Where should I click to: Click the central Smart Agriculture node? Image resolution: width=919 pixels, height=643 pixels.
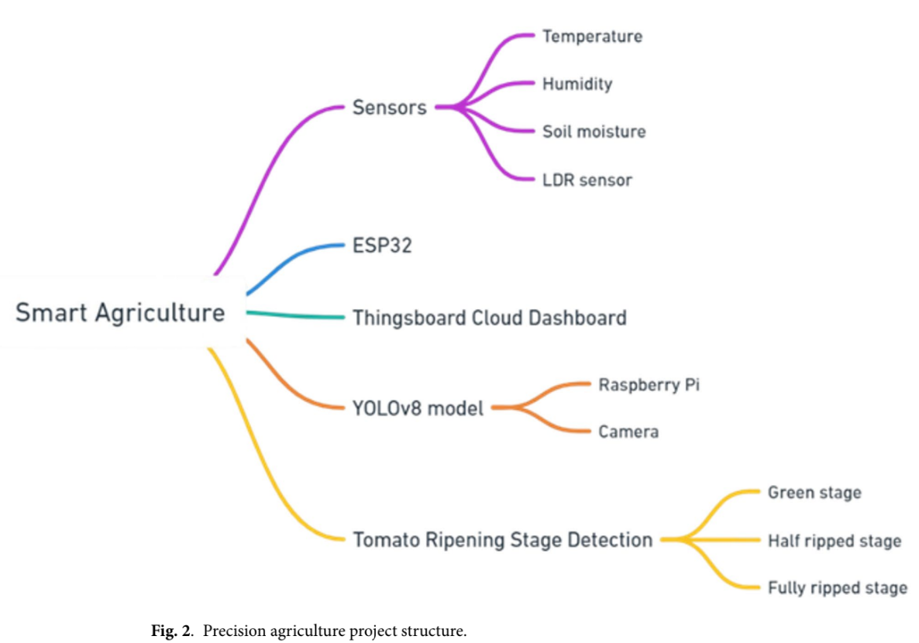[120, 313]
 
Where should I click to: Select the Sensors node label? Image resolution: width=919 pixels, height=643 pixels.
[389, 108]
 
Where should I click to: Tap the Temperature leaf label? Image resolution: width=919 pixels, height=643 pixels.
[592, 36]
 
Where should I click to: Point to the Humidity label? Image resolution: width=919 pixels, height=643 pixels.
[577, 84]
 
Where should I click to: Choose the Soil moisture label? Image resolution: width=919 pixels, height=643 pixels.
[594, 132]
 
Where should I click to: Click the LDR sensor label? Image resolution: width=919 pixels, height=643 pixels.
[587, 180]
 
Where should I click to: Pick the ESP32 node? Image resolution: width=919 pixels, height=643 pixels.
[382, 246]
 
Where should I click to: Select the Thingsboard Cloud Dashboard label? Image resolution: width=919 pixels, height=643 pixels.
[489, 318]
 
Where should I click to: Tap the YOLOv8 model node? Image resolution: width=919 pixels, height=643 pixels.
[418, 407]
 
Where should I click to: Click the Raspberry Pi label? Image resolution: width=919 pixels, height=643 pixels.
[649, 384]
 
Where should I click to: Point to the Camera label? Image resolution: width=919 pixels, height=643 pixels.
[628, 432]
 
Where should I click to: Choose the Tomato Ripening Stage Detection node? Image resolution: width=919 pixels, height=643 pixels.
[502, 539]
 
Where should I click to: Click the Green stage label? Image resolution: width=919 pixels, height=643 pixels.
[814, 493]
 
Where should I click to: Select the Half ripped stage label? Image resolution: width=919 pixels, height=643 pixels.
[834, 541]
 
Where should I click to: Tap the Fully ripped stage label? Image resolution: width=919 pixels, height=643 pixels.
[837, 588]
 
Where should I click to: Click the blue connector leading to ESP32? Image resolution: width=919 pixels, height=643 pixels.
[294, 260]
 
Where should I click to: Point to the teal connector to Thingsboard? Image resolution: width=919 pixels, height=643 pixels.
[294, 315]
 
